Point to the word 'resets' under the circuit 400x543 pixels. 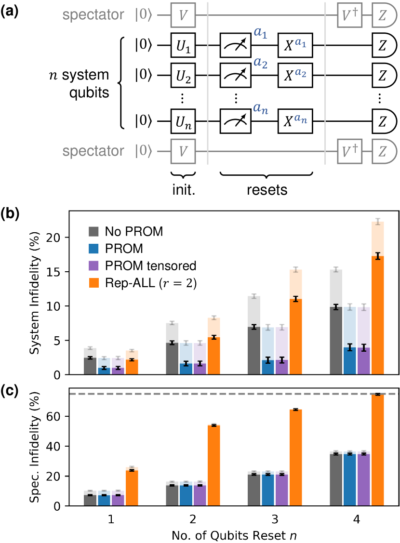coord(267,190)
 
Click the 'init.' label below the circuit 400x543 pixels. coord(183,190)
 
